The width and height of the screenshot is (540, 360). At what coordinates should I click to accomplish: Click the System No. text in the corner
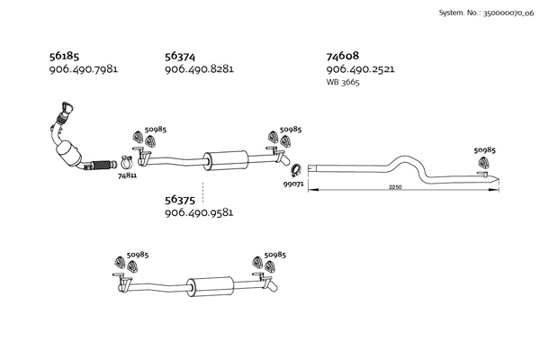tap(486, 13)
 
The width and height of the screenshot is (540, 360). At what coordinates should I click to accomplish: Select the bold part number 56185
tap(65, 56)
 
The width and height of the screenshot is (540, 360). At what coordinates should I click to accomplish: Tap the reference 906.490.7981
tap(84, 69)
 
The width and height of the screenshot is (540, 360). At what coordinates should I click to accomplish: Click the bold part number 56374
tap(180, 56)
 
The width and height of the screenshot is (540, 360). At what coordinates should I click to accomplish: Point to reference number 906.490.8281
tap(199, 69)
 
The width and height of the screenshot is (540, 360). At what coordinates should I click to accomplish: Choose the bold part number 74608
tap(343, 56)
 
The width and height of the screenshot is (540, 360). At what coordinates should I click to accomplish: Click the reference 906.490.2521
tap(361, 69)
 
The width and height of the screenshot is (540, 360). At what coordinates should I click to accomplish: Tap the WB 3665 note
tap(343, 82)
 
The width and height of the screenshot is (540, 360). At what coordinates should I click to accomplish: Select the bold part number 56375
tap(180, 200)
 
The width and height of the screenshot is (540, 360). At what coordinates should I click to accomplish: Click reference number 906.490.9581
tap(199, 212)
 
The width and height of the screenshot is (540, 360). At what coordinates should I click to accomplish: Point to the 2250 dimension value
tap(395, 187)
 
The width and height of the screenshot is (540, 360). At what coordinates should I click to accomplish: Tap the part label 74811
tap(127, 175)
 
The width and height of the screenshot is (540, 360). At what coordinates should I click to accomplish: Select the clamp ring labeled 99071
tap(295, 170)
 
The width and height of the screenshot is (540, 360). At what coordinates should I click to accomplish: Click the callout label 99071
tap(293, 184)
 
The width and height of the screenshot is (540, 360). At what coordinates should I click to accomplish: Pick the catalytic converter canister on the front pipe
tap(68, 154)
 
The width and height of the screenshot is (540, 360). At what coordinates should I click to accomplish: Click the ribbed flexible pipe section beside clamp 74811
tap(102, 165)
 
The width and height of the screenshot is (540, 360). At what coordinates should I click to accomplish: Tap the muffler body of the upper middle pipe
tap(226, 160)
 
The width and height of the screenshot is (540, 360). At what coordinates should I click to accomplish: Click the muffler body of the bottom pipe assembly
tap(211, 286)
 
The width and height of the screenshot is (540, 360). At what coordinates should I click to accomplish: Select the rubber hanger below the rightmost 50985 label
tap(483, 163)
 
